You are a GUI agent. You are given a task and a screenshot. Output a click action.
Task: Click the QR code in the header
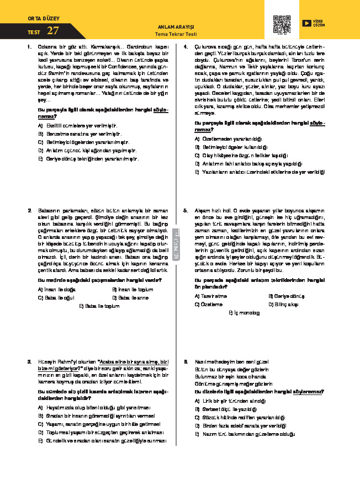(x=282, y=25)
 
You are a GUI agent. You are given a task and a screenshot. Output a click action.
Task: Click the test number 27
(x=53, y=31)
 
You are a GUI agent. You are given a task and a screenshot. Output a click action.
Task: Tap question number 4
(x=186, y=47)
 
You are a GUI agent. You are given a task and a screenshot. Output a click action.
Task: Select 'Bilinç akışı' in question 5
(x=287, y=304)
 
